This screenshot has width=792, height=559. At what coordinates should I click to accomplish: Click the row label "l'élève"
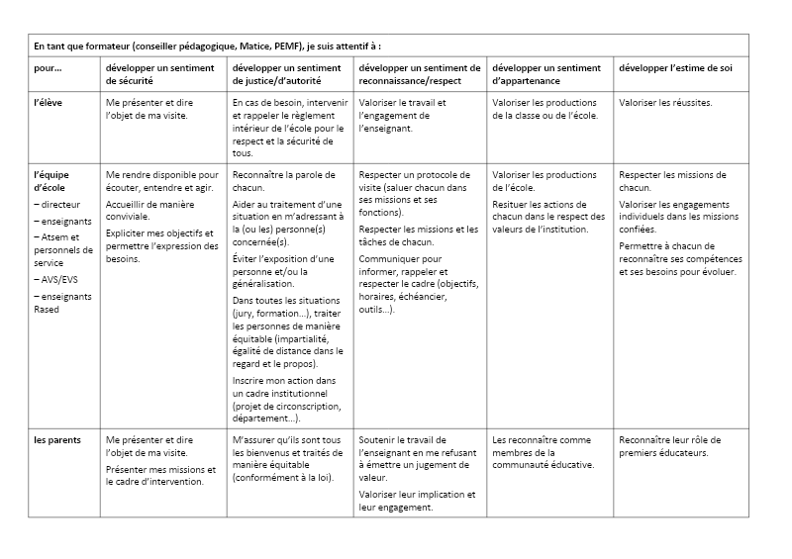(49, 103)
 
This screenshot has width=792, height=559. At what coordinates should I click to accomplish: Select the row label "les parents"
(55, 439)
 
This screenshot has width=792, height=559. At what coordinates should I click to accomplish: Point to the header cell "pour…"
(48, 68)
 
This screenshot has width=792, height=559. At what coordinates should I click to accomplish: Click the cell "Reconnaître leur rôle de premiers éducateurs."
(669, 446)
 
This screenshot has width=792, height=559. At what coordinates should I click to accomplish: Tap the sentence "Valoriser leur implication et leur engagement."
(417, 501)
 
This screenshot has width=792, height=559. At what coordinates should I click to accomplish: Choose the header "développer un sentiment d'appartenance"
(546, 74)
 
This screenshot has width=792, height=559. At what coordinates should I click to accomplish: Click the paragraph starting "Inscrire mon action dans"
(285, 399)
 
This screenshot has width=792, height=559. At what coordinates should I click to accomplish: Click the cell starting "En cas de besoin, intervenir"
(288, 127)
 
